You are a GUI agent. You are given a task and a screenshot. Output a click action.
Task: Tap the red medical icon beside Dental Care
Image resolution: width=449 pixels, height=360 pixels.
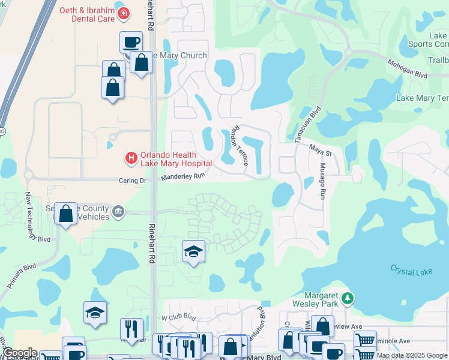[124, 13]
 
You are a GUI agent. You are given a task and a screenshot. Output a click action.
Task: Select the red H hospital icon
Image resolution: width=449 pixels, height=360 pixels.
[130, 158]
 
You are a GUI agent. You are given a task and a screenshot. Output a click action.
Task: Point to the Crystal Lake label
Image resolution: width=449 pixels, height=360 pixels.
[411, 271]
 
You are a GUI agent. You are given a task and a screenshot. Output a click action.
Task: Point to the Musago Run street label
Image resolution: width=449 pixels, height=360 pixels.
[322, 181]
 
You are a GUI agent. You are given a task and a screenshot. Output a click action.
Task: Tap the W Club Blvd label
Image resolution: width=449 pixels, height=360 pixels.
[179, 316]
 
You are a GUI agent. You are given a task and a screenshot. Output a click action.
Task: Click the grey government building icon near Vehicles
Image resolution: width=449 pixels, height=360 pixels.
[118, 211]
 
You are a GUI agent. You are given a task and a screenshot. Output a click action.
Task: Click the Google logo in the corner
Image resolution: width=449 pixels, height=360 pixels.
[19, 353]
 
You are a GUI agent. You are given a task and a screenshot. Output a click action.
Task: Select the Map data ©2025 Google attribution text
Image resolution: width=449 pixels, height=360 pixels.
[411, 355]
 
